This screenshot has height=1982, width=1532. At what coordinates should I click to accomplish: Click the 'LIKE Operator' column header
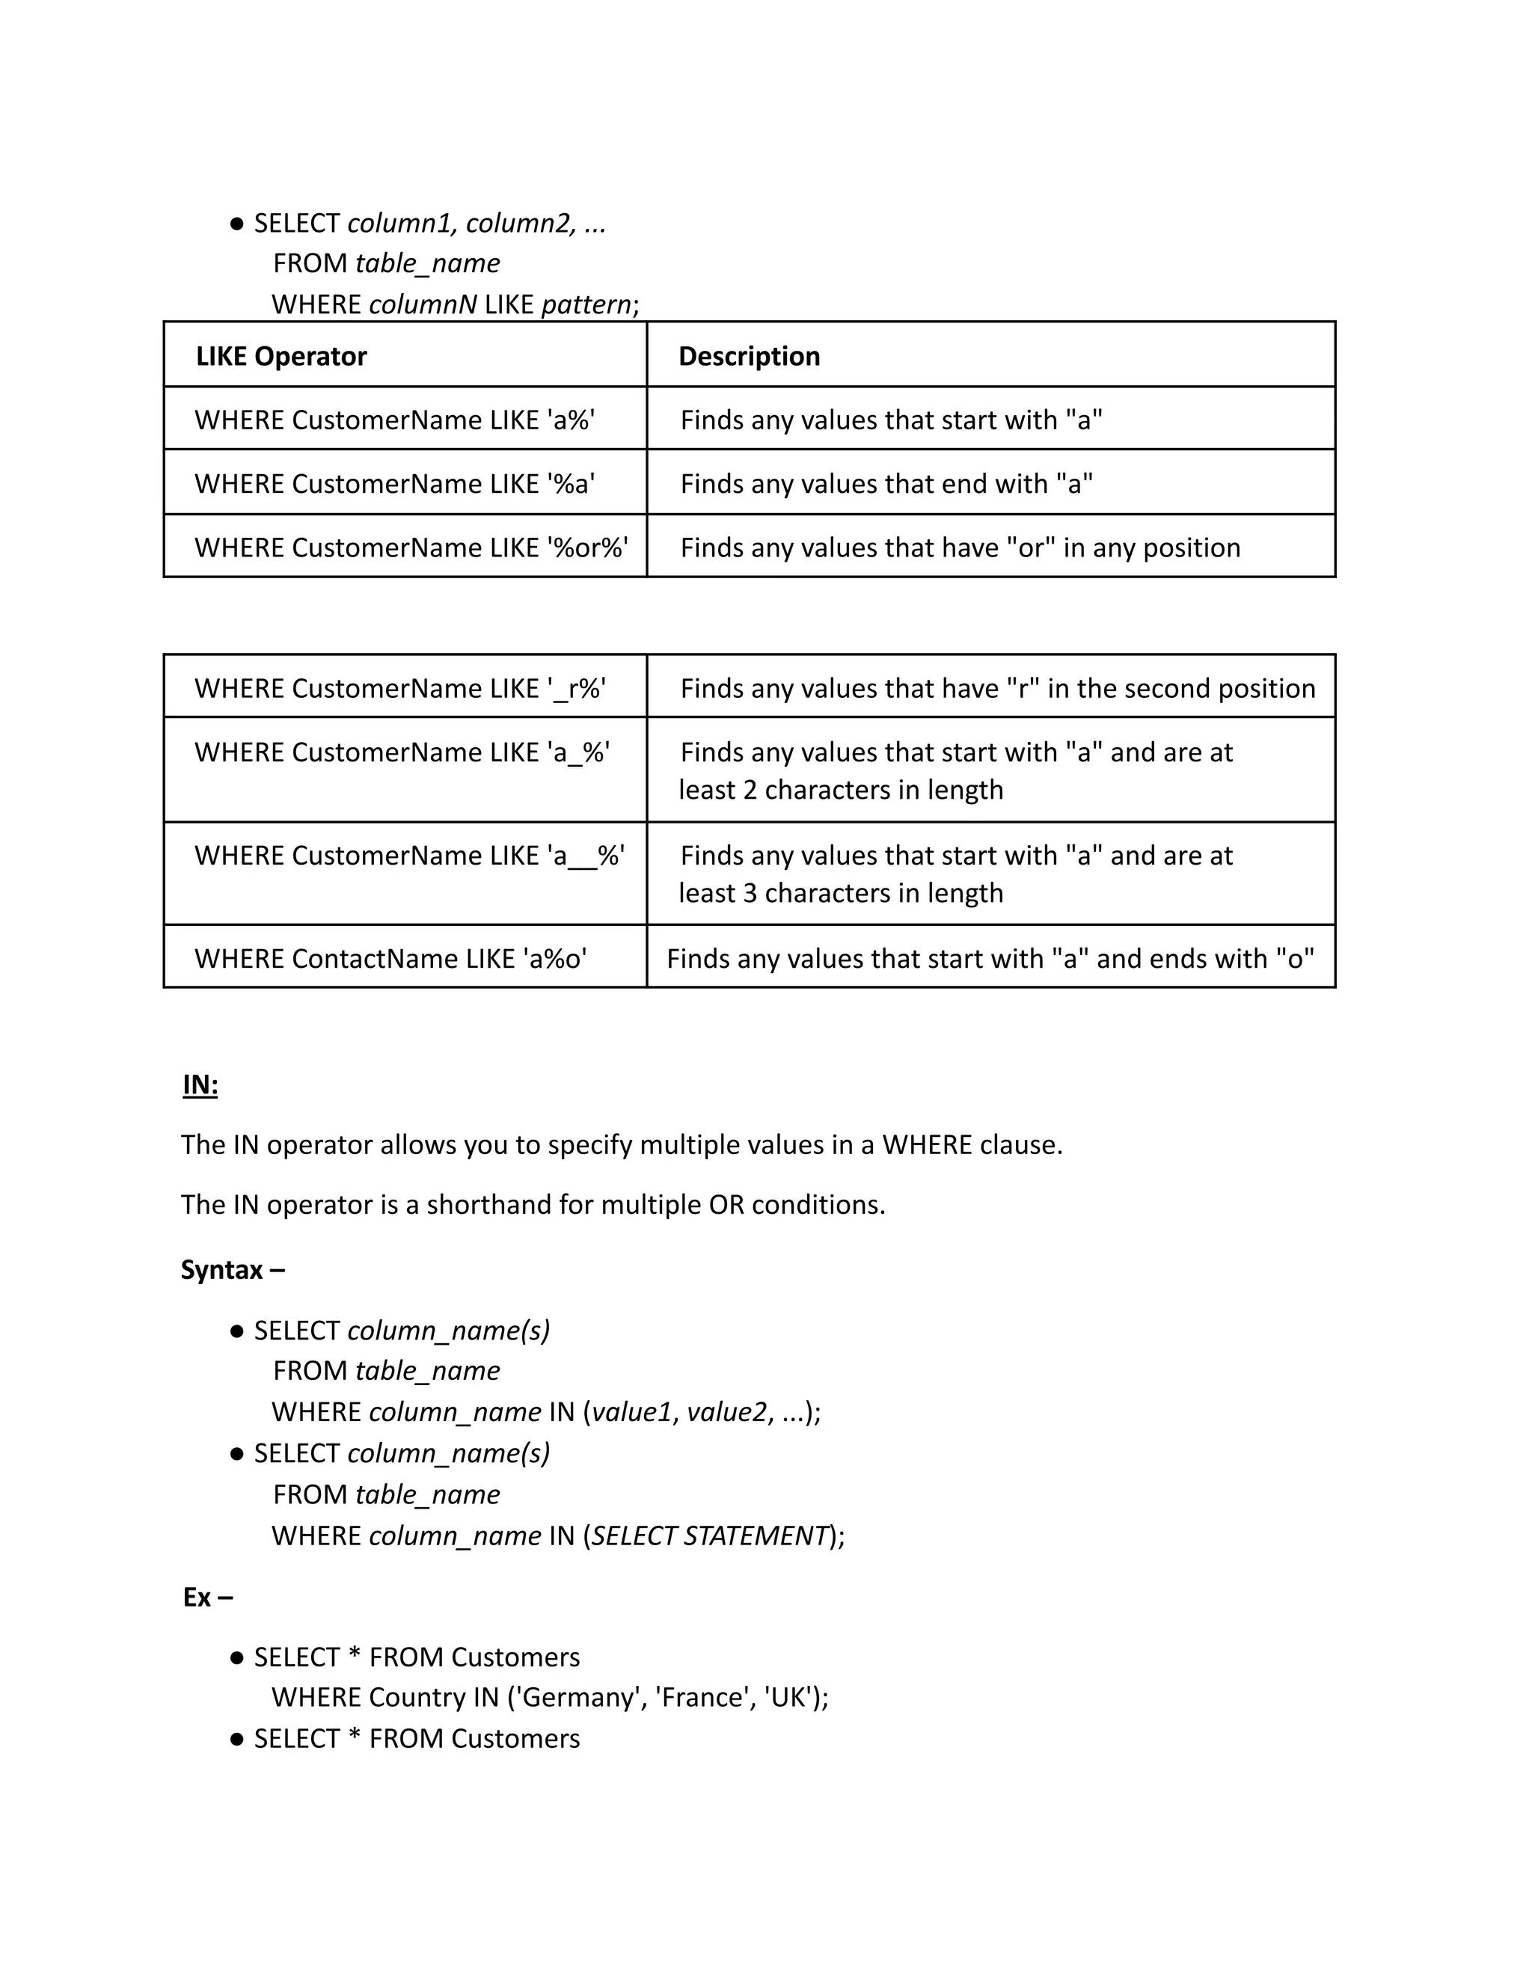[x=281, y=356]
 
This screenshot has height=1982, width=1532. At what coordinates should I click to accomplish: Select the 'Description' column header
[x=749, y=356]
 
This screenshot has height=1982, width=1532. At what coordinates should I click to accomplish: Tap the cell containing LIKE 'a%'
[x=395, y=420]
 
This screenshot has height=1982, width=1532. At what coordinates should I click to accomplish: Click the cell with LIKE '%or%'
[x=410, y=547]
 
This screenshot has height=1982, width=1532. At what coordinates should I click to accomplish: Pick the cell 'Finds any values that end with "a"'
[x=886, y=484]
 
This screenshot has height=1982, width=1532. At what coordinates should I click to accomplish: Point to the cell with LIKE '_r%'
[x=400, y=688]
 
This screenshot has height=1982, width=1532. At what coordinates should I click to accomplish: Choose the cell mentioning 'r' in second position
[x=996, y=688]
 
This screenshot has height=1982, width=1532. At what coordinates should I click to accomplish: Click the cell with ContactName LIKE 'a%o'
[x=390, y=958]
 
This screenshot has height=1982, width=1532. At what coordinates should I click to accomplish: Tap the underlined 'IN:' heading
[x=200, y=1084]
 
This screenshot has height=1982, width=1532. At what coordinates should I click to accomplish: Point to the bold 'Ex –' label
[x=208, y=1596]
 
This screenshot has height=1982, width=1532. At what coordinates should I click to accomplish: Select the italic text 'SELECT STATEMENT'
[x=710, y=1535]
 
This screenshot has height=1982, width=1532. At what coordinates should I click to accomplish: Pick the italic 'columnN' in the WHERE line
[x=423, y=304]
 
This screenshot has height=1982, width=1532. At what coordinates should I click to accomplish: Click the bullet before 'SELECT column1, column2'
[x=237, y=223]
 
